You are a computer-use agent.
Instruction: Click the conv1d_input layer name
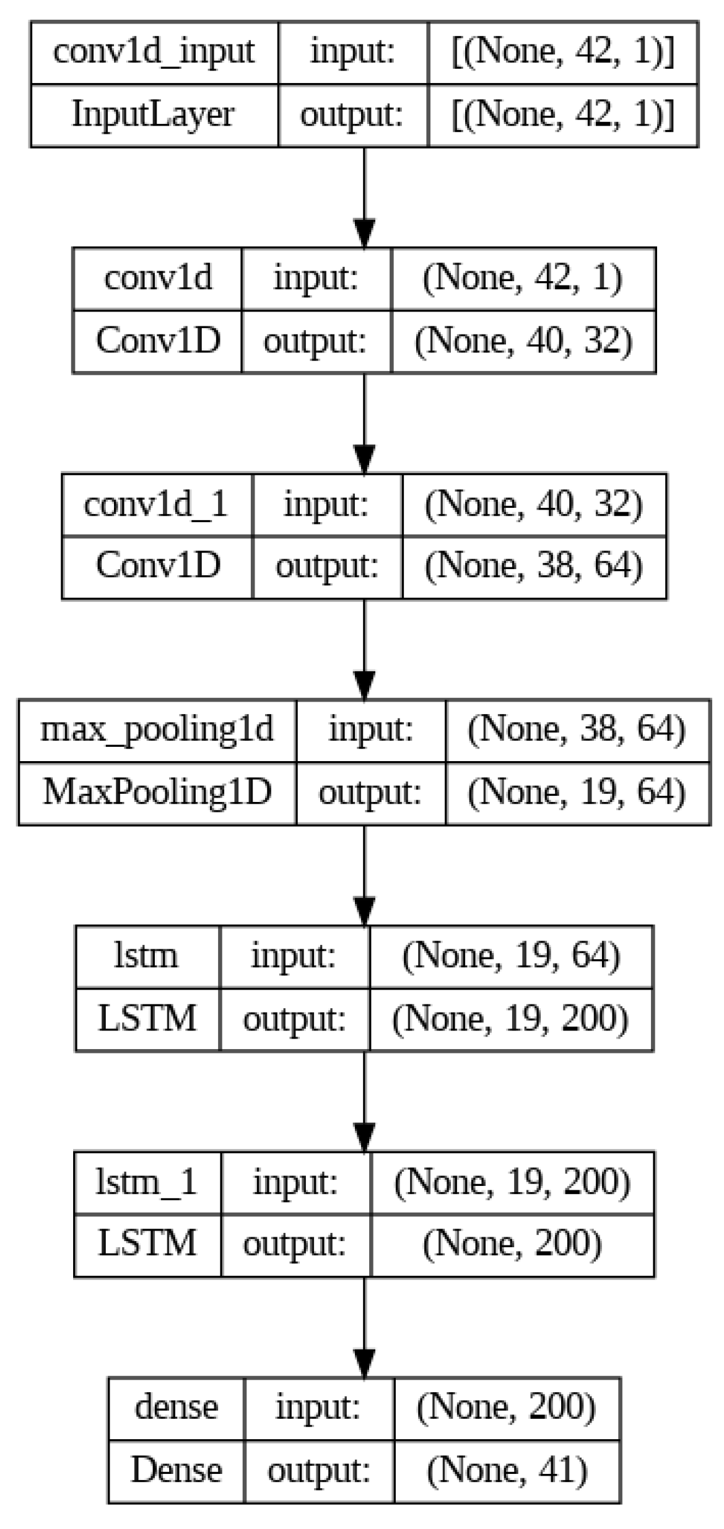point(154,51)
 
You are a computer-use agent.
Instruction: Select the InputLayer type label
point(154,115)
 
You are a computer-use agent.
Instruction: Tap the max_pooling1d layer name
point(157,730)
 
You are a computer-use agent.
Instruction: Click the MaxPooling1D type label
point(157,792)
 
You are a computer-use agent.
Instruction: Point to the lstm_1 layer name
point(147,1182)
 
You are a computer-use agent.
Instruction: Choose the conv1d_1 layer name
point(157,504)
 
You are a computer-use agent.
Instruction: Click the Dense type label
point(176,1471)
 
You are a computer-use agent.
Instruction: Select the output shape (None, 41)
point(507,1471)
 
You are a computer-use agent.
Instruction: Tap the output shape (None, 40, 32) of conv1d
point(523,341)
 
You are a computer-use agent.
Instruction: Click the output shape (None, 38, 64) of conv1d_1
point(534,566)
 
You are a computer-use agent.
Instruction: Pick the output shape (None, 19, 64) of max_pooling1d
point(577,792)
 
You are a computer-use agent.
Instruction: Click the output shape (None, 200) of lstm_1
point(512,1244)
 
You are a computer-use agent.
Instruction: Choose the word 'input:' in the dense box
point(318,1408)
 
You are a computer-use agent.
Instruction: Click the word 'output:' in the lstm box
point(294,1019)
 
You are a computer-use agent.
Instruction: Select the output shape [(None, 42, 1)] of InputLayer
point(562,115)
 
